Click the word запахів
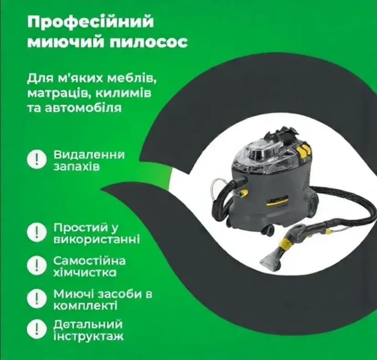[x=74, y=167]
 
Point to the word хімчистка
[x=85, y=273]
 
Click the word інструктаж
[x=88, y=337]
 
